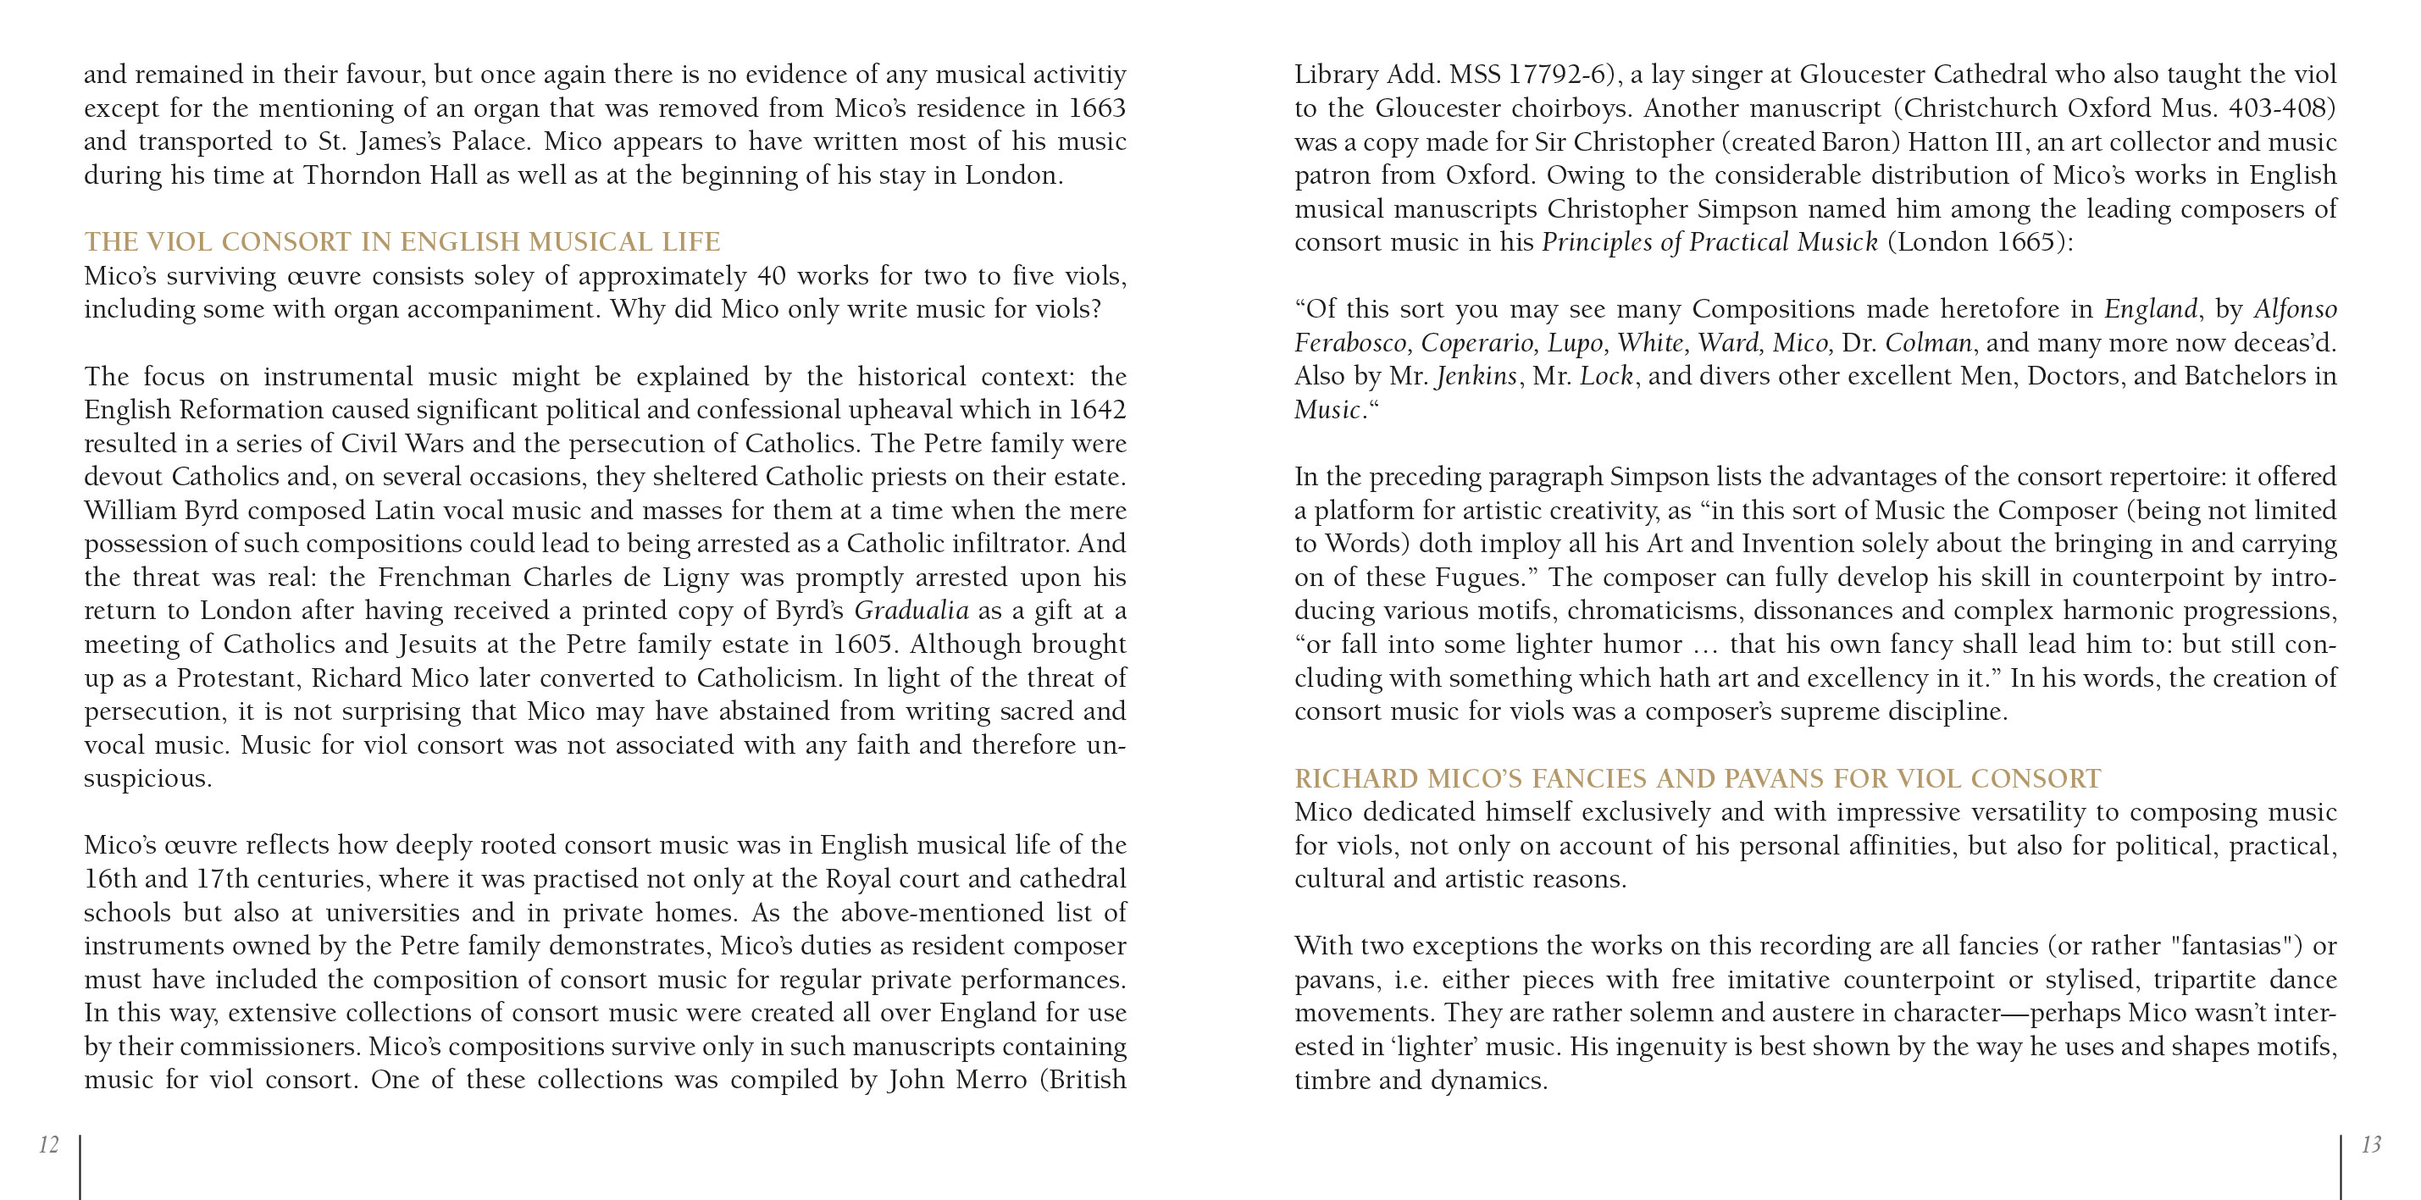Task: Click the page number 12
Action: click(49, 1145)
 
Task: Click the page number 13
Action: click(2371, 1145)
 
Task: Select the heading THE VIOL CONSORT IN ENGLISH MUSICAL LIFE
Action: click(402, 242)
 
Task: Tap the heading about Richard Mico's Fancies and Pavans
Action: click(1698, 779)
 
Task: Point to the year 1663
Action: click(1097, 108)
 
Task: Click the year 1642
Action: click(1097, 410)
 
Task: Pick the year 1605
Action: click(862, 644)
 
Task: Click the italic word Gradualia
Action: click(911, 611)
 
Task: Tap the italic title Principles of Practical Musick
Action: click(1709, 242)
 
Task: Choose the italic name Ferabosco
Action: click(1353, 343)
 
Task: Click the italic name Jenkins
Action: click(1476, 377)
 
